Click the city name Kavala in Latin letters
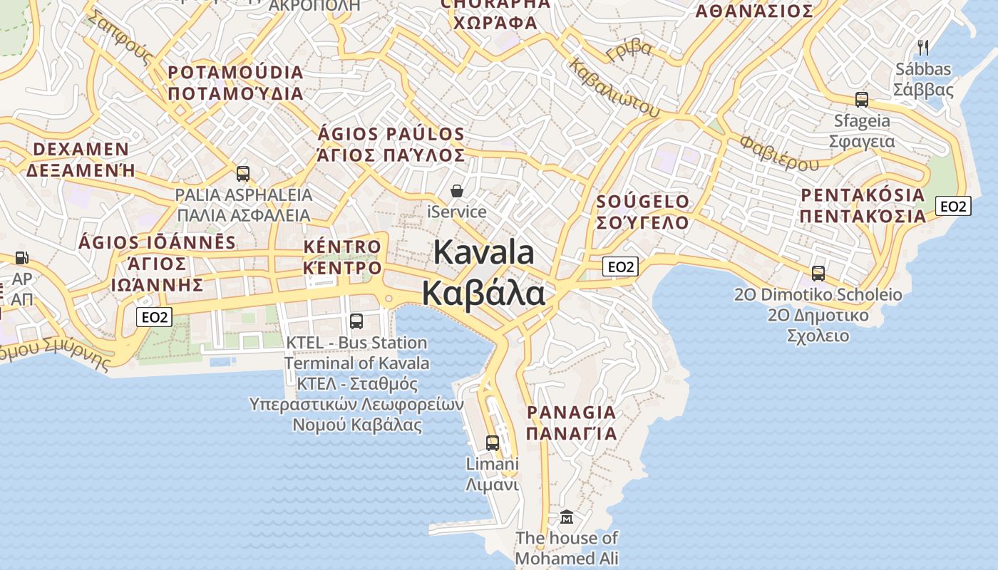coord(484,252)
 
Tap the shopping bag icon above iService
coord(457,191)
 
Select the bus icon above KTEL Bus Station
coord(356,321)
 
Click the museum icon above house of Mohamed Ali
coord(567,517)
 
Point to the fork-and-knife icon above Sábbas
coord(923,48)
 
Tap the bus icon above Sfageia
coord(861,100)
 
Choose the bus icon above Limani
coord(492,442)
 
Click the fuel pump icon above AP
coord(22,257)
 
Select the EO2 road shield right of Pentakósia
coord(953,207)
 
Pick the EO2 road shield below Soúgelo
coord(619,267)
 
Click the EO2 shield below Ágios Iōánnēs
coord(154,317)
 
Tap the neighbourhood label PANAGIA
coord(571,413)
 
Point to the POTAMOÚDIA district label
coord(236,73)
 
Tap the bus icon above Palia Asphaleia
coord(243,174)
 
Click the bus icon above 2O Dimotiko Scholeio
coord(818,273)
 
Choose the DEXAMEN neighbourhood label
coord(81,150)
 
